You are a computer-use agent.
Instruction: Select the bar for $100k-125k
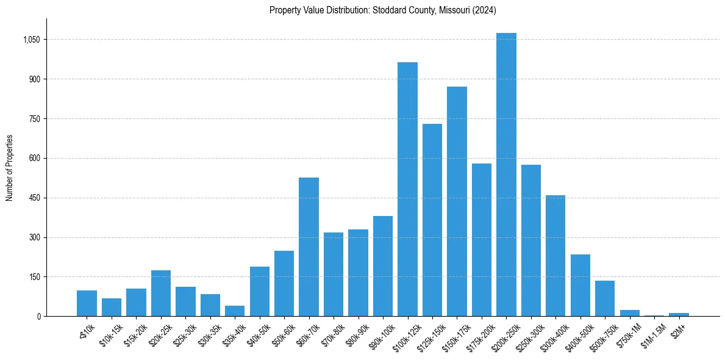coord(407,189)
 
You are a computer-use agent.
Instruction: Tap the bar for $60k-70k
coord(309,247)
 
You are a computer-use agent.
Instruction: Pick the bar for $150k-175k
coord(457,201)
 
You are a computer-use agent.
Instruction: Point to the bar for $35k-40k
coord(235,311)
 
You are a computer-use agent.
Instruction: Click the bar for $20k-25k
coord(161,293)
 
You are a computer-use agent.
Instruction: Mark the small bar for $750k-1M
coord(629,313)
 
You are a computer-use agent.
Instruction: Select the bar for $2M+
coord(679,314)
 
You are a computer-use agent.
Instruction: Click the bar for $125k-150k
coord(432,220)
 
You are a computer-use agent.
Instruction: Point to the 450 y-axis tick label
coord(35,198)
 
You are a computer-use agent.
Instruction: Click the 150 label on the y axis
coord(35,277)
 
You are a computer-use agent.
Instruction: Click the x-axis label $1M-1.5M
coord(652,334)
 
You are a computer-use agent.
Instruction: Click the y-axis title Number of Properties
coord(9,167)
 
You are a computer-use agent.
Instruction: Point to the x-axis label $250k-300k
coord(528,334)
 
